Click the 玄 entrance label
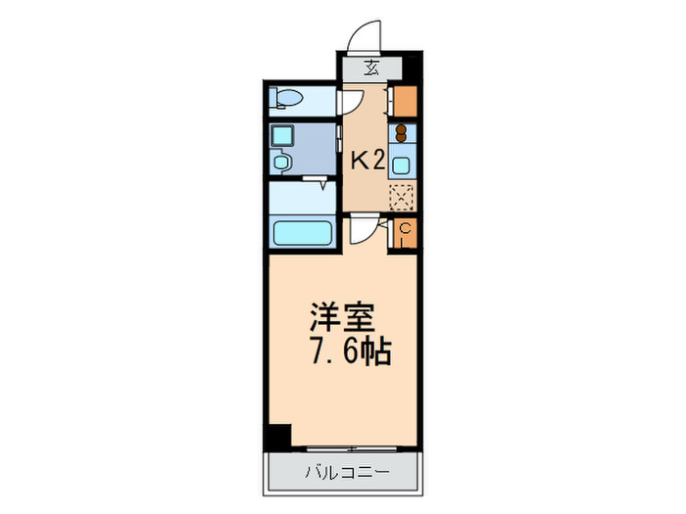(x=372, y=68)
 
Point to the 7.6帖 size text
(x=350, y=351)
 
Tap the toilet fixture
(x=287, y=98)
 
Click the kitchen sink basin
(x=402, y=163)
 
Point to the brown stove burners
(x=401, y=135)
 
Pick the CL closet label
(x=405, y=234)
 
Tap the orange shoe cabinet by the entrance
(x=405, y=101)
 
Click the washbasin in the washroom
(x=282, y=162)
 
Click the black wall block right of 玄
(x=412, y=69)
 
